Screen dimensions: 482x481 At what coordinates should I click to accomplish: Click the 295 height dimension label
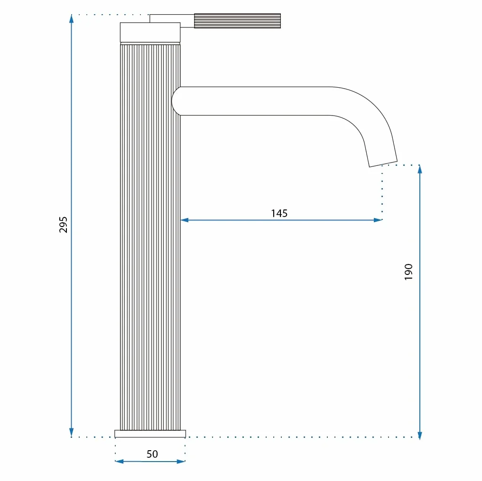tap(63, 225)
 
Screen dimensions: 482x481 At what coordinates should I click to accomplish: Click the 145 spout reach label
tap(279, 213)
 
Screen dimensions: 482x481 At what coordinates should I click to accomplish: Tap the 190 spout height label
tap(408, 272)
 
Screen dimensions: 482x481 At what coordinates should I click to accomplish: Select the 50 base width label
tap(152, 454)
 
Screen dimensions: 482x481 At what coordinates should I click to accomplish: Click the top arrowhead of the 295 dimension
tap(71, 18)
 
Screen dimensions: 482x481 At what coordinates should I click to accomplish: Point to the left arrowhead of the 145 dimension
tap(185, 220)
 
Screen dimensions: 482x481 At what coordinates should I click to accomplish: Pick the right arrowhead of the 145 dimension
tap(378, 220)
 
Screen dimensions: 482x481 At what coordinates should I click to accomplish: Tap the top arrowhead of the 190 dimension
tap(420, 169)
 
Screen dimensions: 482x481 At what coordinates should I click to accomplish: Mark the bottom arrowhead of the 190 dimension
tap(420, 436)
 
